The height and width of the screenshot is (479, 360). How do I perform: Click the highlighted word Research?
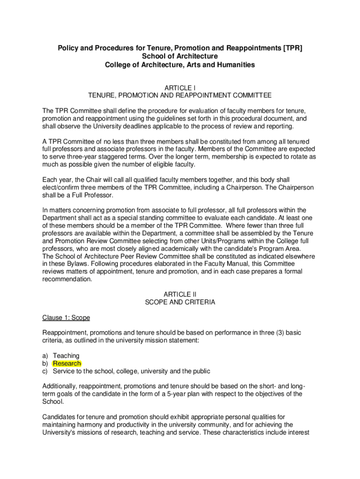pos(67,363)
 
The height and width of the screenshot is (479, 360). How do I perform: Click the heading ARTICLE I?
pos(180,87)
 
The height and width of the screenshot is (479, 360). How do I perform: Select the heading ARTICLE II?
pos(180,294)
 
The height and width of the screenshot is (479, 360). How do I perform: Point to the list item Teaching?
pos(66,356)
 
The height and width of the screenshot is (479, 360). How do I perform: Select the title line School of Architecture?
pos(180,57)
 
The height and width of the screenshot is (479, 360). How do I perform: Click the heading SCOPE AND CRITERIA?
pos(180,302)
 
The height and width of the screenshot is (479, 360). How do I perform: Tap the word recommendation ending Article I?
pos(67,279)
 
